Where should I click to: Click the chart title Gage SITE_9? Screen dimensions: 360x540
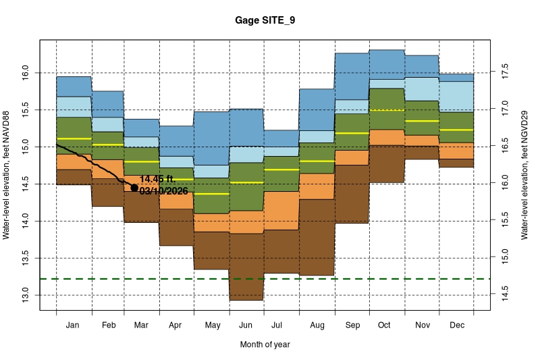pyautogui.click(x=265, y=21)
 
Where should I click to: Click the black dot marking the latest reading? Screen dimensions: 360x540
pyautogui.click(x=134, y=188)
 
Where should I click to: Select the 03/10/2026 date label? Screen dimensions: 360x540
pyautogui.click(x=164, y=191)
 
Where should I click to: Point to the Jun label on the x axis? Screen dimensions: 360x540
pyautogui.click(x=246, y=326)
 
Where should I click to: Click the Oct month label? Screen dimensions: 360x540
pyautogui.click(x=384, y=326)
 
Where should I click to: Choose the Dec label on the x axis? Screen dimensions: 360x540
pyautogui.click(x=456, y=326)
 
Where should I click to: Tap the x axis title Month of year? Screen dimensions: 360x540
pyautogui.click(x=265, y=344)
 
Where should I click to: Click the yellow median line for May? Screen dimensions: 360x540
pyautogui.click(x=211, y=194)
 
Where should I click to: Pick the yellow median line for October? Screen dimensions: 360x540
pyautogui.click(x=386, y=110)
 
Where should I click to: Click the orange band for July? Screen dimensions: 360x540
pyautogui.click(x=281, y=210)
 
